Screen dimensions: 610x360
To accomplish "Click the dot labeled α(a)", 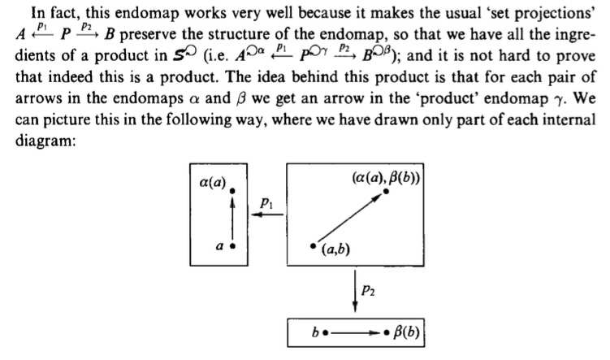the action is tap(232, 191).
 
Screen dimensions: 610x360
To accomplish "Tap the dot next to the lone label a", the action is tap(232, 246).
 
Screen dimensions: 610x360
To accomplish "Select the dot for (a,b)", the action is tap(314, 246).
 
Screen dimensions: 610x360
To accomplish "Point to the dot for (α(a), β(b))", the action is tap(386, 191).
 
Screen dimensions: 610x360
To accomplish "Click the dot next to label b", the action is tap(326, 332).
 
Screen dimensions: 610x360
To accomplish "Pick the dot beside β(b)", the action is tap(387, 332).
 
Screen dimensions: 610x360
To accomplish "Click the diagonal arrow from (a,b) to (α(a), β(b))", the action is tap(350, 218).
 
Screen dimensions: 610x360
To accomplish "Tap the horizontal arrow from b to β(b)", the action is tap(355, 332).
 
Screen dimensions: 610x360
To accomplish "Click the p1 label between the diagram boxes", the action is tap(266, 203).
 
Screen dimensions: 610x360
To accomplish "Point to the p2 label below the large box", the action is tap(368, 290).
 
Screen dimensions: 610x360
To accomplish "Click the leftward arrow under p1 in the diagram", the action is tap(267, 215).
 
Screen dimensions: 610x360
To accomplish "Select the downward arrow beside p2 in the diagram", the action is tap(355, 291).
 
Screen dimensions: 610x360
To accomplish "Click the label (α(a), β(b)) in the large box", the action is tap(386, 178).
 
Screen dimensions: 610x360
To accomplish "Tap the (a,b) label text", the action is tap(335, 249).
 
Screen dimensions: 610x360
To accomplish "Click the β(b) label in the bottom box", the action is tap(407, 332).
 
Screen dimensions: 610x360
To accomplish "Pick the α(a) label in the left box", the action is tap(213, 182).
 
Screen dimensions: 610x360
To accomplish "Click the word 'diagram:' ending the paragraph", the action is tap(45, 141).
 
